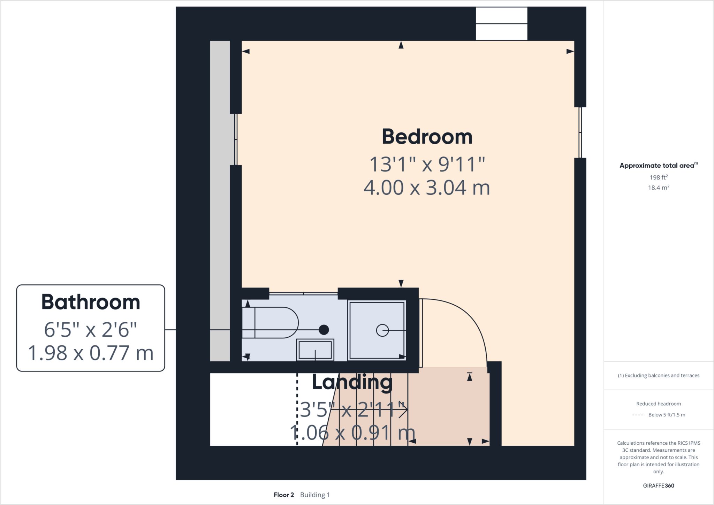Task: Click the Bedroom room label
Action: point(427,137)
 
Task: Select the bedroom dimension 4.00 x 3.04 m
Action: point(427,188)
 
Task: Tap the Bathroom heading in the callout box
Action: point(91,302)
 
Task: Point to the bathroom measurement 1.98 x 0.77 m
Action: point(91,353)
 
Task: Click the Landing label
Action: point(352,382)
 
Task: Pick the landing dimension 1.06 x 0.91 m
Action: point(352,433)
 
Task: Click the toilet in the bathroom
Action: point(275,322)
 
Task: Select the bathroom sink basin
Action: point(315,350)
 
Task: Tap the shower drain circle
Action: point(382,330)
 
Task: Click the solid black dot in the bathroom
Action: point(324,330)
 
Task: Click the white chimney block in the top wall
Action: point(501,24)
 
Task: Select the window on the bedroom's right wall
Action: point(580,132)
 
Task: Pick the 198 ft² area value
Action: point(658,177)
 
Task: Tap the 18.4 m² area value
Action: point(658,188)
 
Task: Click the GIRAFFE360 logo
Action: point(658,485)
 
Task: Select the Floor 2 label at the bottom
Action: point(284,495)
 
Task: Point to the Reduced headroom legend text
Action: point(658,404)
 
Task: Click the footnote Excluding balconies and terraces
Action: point(658,375)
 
